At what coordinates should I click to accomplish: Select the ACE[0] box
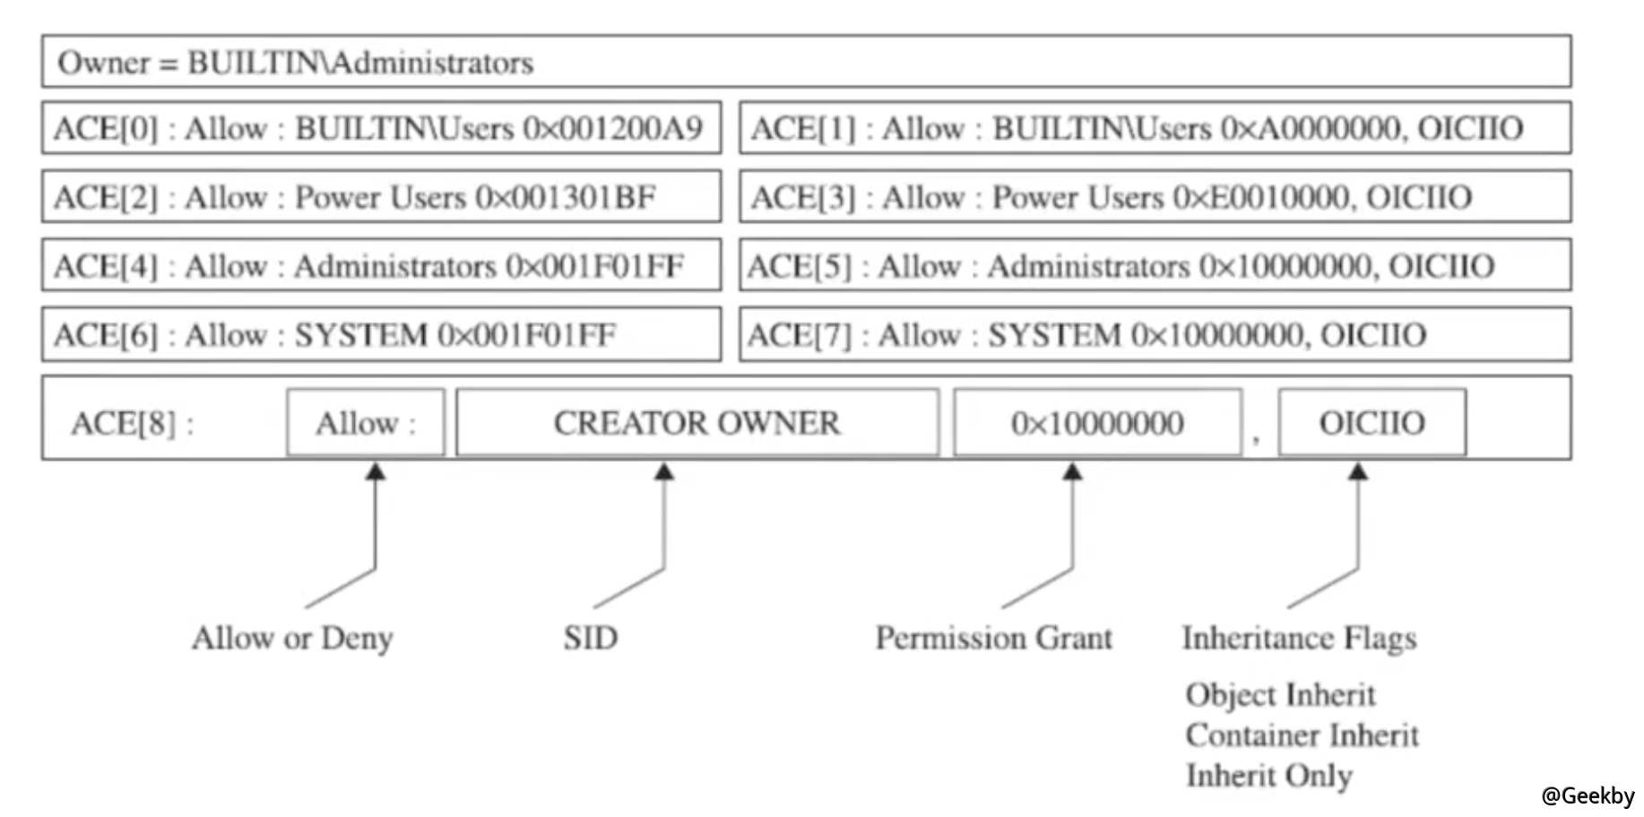381,128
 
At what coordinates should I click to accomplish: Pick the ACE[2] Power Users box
381,197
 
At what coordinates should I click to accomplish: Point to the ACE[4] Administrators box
381,266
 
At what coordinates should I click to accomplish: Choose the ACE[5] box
1155,266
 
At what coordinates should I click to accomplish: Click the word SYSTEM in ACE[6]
360,335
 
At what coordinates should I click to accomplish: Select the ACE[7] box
1155,335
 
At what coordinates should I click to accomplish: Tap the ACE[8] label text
131,423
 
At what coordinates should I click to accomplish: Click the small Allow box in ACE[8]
366,423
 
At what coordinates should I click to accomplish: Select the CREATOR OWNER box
697,423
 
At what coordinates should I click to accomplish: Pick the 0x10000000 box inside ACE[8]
1097,423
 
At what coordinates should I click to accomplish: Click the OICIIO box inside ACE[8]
1371,423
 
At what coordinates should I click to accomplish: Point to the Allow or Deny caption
292,638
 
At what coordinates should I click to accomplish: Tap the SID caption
590,638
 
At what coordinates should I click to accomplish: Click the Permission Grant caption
993,638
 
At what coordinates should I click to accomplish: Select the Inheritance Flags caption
1299,638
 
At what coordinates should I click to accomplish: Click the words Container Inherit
1302,735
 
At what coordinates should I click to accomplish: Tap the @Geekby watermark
1588,795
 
